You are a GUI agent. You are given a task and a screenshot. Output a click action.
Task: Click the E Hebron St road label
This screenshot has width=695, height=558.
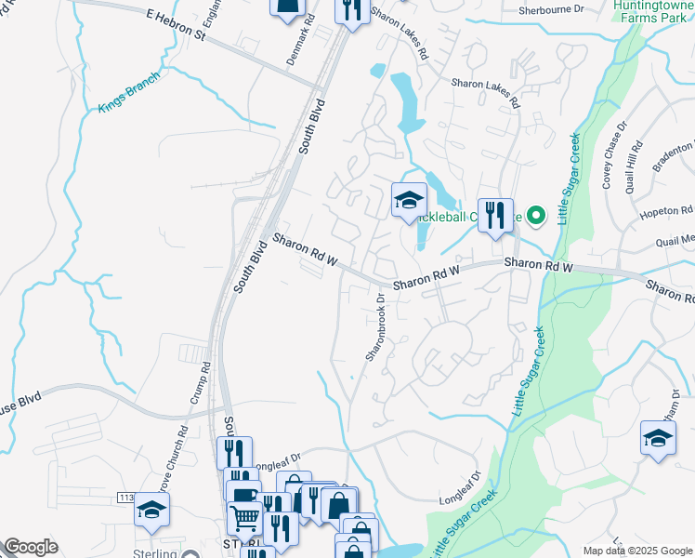(x=175, y=23)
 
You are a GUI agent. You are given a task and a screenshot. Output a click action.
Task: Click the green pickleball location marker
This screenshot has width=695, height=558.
(x=535, y=217)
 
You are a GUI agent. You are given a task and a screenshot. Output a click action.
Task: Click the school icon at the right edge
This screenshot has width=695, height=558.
(x=658, y=437)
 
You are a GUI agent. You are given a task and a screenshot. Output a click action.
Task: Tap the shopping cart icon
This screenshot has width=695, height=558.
(x=244, y=516)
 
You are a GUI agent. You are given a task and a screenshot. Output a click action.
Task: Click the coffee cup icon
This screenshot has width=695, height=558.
(x=243, y=495)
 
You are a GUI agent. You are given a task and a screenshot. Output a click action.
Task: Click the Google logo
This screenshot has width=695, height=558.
(x=31, y=547)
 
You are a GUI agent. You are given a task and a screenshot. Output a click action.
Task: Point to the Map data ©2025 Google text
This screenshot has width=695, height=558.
(x=636, y=551)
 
